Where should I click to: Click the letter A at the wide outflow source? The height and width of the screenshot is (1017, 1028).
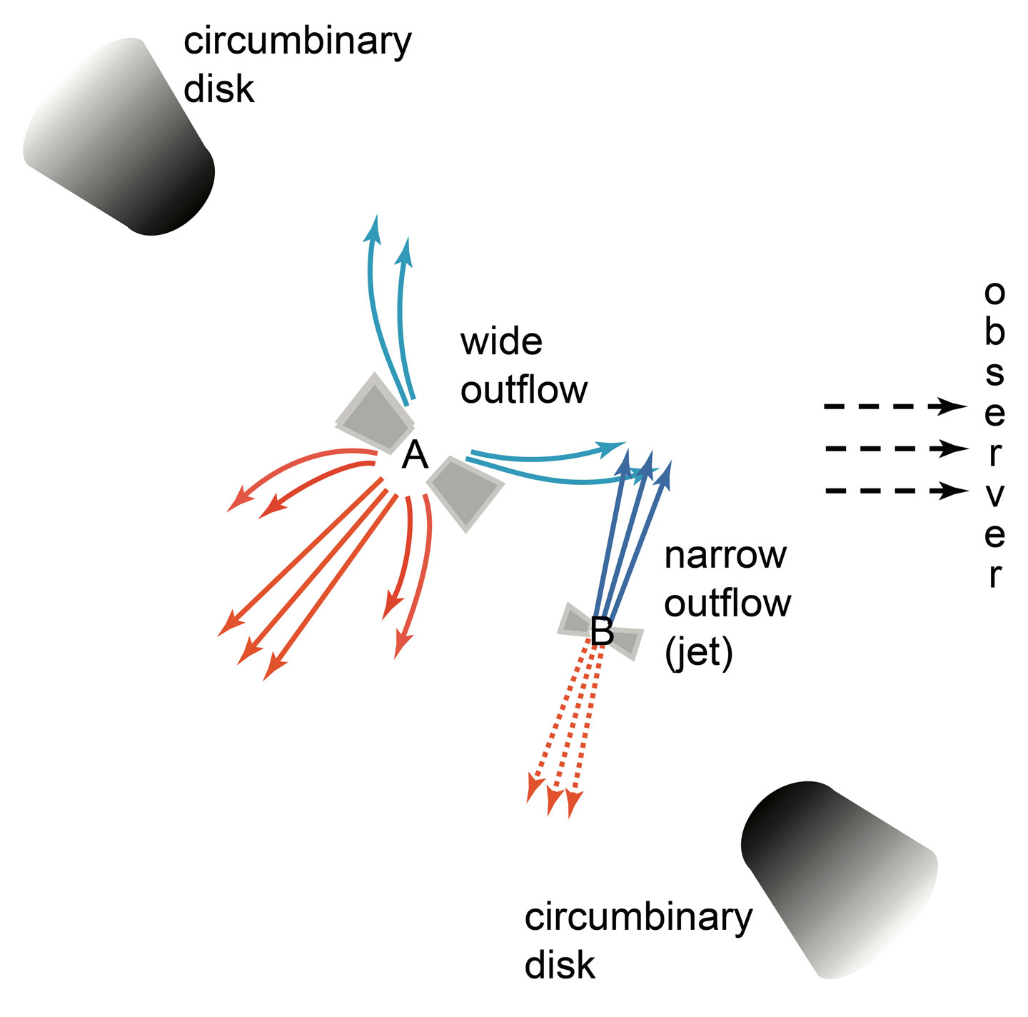pyautogui.click(x=415, y=455)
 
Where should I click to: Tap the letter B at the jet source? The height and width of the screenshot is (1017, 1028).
pyautogui.click(x=602, y=631)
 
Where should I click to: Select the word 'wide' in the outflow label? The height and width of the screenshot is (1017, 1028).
pyautogui.click(x=501, y=342)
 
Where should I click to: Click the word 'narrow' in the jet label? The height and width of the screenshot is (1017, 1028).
pyautogui.click(x=725, y=555)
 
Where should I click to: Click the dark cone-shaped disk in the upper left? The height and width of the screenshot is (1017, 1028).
pyautogui.click(x=121, y=139)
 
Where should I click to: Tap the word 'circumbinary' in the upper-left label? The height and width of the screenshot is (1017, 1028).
pyautogui.click(x=297, y=41)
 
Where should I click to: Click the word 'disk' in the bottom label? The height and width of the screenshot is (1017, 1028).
pyautogui.click(x=560, y=965)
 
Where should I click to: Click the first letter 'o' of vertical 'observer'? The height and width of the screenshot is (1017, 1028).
pyautogui.click(x=994, y=291)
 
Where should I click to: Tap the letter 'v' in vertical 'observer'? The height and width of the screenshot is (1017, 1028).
pyautogui.click(x=994, y=494)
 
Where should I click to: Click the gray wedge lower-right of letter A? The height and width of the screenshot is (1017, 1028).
pyautogui.click(x=464, y=491)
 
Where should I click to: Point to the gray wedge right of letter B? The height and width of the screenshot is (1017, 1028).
pyautogui.click(x=626, y=641)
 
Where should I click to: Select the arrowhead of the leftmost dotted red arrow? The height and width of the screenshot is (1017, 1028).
pyautogui.click(x=533, y=789)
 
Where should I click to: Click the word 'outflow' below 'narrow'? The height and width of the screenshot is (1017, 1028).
pyautogui.click(x=727, y=603)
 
